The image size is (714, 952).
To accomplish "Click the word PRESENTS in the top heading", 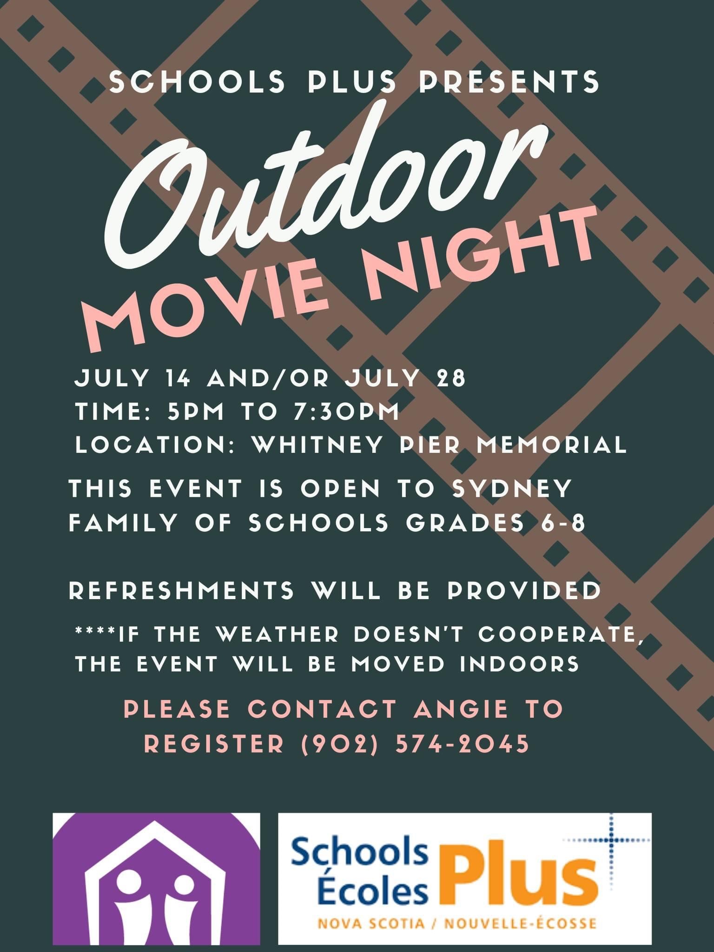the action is point(509,81).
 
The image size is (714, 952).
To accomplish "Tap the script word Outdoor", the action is point(325,186).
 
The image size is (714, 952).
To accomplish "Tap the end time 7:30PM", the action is point(346,411).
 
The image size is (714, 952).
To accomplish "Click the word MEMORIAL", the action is point(552,444).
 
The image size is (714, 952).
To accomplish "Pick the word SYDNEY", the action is point(512,489).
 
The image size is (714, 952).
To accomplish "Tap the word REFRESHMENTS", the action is point(181,590).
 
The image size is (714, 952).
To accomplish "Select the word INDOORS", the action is point(520,664).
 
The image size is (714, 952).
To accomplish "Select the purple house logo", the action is point(156,879).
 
